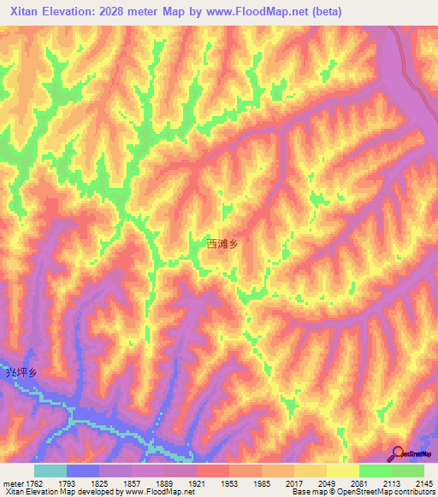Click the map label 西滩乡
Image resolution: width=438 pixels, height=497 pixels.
point(221,243)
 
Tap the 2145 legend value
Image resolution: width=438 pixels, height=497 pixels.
point(423,482)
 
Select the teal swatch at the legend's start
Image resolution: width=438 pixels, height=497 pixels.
point(50,471)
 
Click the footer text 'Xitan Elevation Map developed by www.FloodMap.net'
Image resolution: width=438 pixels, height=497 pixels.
point(98,492)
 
